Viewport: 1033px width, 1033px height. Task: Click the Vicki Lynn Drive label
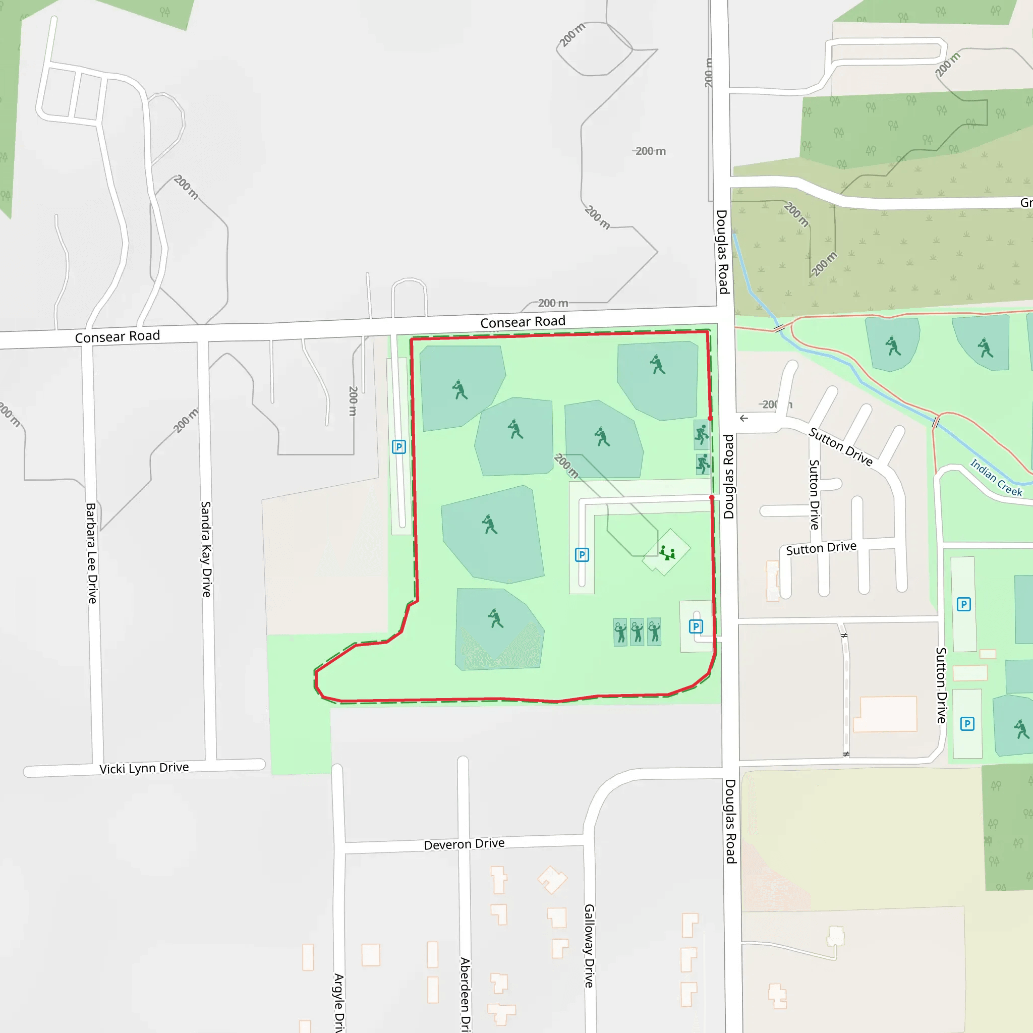pos(144,768)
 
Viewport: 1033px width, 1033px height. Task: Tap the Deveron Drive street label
pos(464,844)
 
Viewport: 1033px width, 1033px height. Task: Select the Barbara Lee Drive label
pos(91,553)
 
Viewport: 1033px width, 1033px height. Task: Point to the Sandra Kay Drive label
pos(206,549)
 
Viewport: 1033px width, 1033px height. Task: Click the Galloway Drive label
pos(589,945)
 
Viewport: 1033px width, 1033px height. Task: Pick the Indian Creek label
pos(996,478)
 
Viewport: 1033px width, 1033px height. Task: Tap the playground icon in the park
pos(667,552)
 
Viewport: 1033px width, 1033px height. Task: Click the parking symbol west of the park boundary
pos(399,446)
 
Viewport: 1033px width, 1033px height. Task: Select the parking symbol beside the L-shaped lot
pos(582,554)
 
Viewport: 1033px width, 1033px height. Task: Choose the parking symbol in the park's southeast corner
pos(696,626)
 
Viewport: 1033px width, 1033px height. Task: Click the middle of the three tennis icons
pos(637,632)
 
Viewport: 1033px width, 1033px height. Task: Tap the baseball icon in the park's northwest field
pos(460,389)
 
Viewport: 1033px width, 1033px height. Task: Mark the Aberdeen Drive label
pos(465,995)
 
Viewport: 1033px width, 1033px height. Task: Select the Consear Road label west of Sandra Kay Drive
pos(117,336)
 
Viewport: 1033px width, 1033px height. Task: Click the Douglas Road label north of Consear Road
pos(722,251)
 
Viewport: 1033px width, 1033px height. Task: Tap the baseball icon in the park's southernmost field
pos(496,618)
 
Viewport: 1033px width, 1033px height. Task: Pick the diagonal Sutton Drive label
pos(840,447)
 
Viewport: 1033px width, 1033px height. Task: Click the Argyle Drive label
pos(338,1003)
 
